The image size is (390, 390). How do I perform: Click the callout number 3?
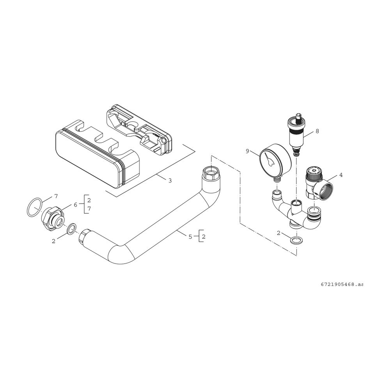(x=170, y=181)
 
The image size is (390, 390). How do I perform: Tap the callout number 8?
(x=317, y=131)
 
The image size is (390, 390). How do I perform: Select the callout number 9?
(x=247, y=151)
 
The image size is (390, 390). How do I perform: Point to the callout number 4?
(x=341, y=175)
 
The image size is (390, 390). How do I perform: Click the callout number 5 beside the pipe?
(x=190, y=237)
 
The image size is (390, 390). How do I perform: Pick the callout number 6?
(x=76, y=204)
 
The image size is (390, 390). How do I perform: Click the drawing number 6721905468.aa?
(x=342, y=284)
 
